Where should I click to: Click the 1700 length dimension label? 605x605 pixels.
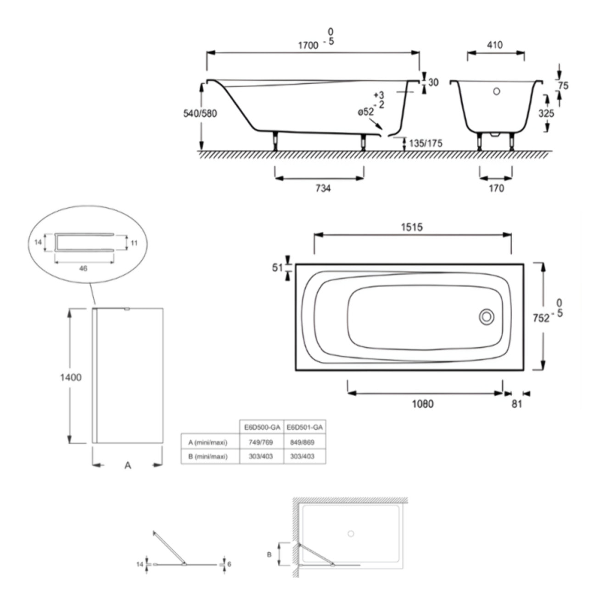pyautogui.click(x=308, y=45)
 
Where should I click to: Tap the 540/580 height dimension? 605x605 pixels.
pyautogui.click(x=200, y=113)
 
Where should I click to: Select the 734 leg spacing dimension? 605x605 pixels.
pyautogui.click(x=323, y=188)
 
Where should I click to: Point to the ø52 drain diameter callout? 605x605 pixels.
pyautogui.click(x=366, y=112)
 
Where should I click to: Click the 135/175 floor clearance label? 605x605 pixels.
pyautogui.click(x=426, y=143)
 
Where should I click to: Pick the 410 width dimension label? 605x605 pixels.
pyautogui.click(x=494, y=45)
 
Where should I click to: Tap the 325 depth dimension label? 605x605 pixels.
pyautogui.click(x=546, y=113)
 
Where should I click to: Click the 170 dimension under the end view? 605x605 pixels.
pyautogui.click(x=496, y=188)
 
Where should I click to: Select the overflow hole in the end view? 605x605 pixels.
pyautogui.click(x=496, y=91)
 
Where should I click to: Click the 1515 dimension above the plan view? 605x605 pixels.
pyautogui.click(x=412, y=227)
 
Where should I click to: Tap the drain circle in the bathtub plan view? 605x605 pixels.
pyautogui.click(x=487, y=317)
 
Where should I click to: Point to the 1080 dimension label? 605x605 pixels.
pyautogui.click(x=422, y=404)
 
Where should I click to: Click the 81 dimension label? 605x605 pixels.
pyautogui.click(x=517, y=404)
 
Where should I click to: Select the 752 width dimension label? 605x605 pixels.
pyautogui.click(x=541, y=318)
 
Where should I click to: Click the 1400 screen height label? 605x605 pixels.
pyautogui.click(x=71, y=377)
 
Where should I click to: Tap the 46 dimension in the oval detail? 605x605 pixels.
pyautogui.click(x=83, y=269)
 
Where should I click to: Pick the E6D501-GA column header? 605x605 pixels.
pyautogui.click(x=304, y=427)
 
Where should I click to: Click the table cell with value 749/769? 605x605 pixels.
pyautogui.click(x=261, y=443)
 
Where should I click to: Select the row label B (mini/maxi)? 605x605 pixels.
pyautogui.click(x=208, y=457)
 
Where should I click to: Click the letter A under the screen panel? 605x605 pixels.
pyautogui.click(x=128, y=465)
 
